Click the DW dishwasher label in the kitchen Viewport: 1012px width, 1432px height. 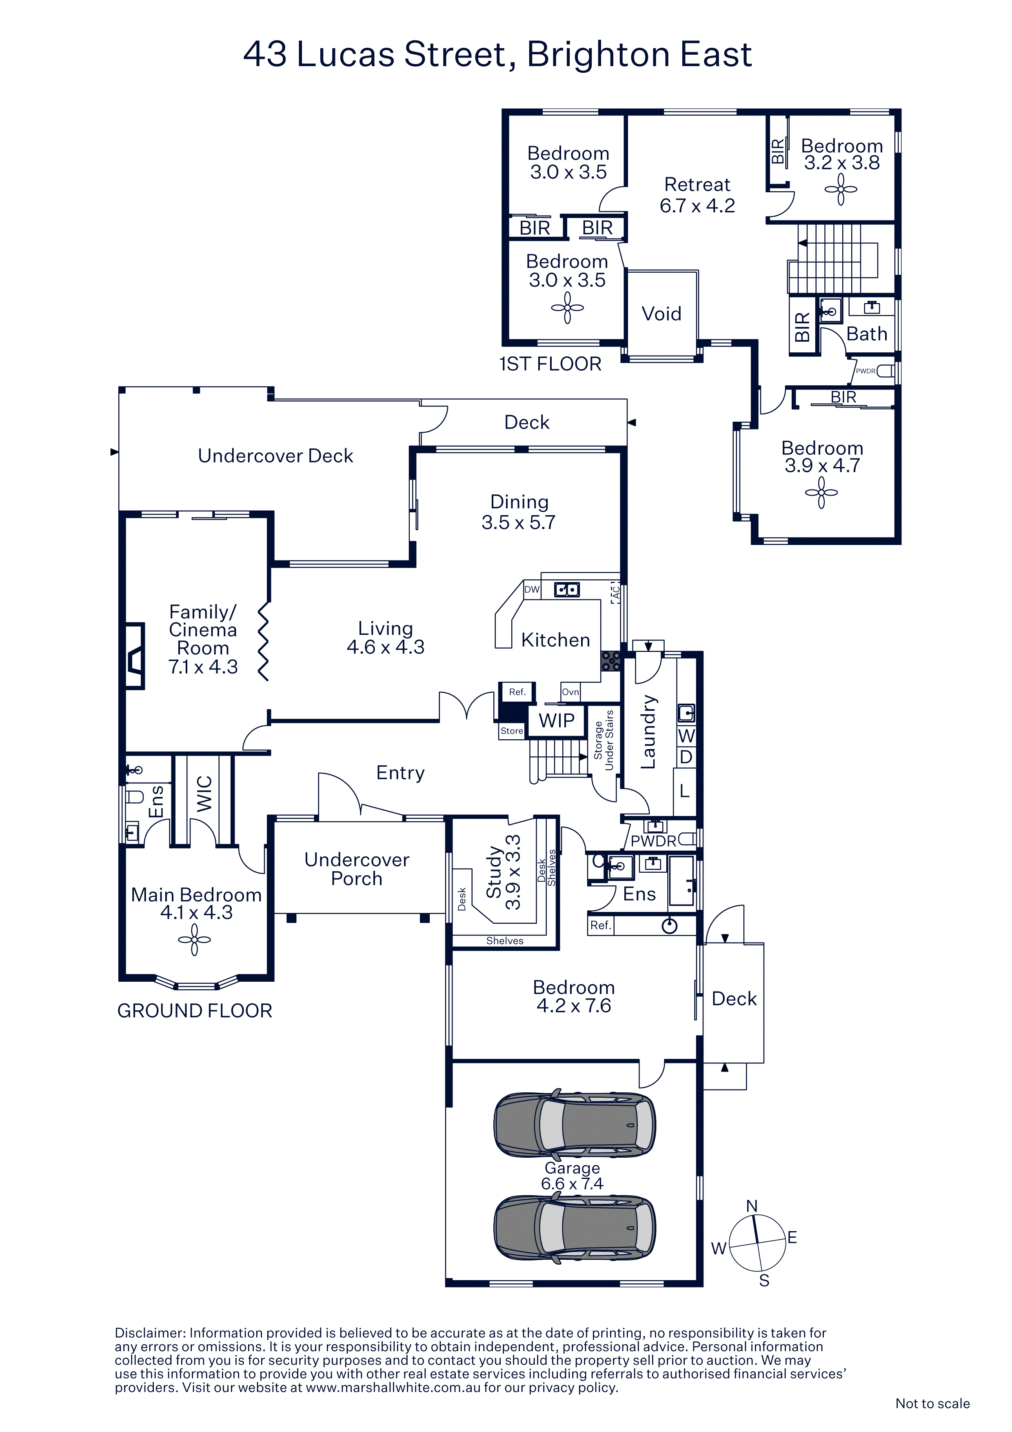click(x=532, y=589)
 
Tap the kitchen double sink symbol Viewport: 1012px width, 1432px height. click(x=567, y=589)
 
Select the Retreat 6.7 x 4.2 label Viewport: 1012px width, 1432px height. click(x=697, y=195)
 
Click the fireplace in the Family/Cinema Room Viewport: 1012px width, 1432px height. click(x=135, y=656)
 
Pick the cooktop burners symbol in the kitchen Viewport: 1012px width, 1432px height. click(x=610, y=661)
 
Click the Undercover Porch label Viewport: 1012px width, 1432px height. click(x=357, y=869)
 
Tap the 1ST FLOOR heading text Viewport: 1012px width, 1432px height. click(x=550, y=364)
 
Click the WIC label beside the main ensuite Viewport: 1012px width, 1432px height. click(x=204, y=794)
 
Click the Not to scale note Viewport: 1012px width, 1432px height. click(x=932, y=1403)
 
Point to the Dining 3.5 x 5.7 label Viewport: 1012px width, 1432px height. click(x=518, y=512)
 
